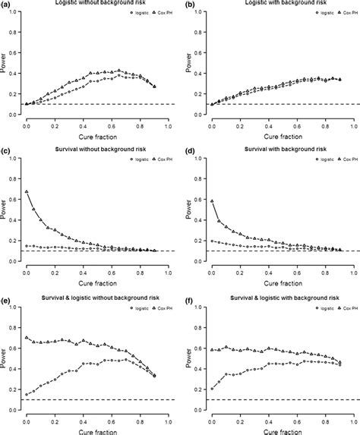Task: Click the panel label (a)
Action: coord(5,4)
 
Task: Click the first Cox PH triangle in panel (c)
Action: coord(27,191)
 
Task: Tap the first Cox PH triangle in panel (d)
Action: coord(212,200)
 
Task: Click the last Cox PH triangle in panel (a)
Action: coord(154,86)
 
